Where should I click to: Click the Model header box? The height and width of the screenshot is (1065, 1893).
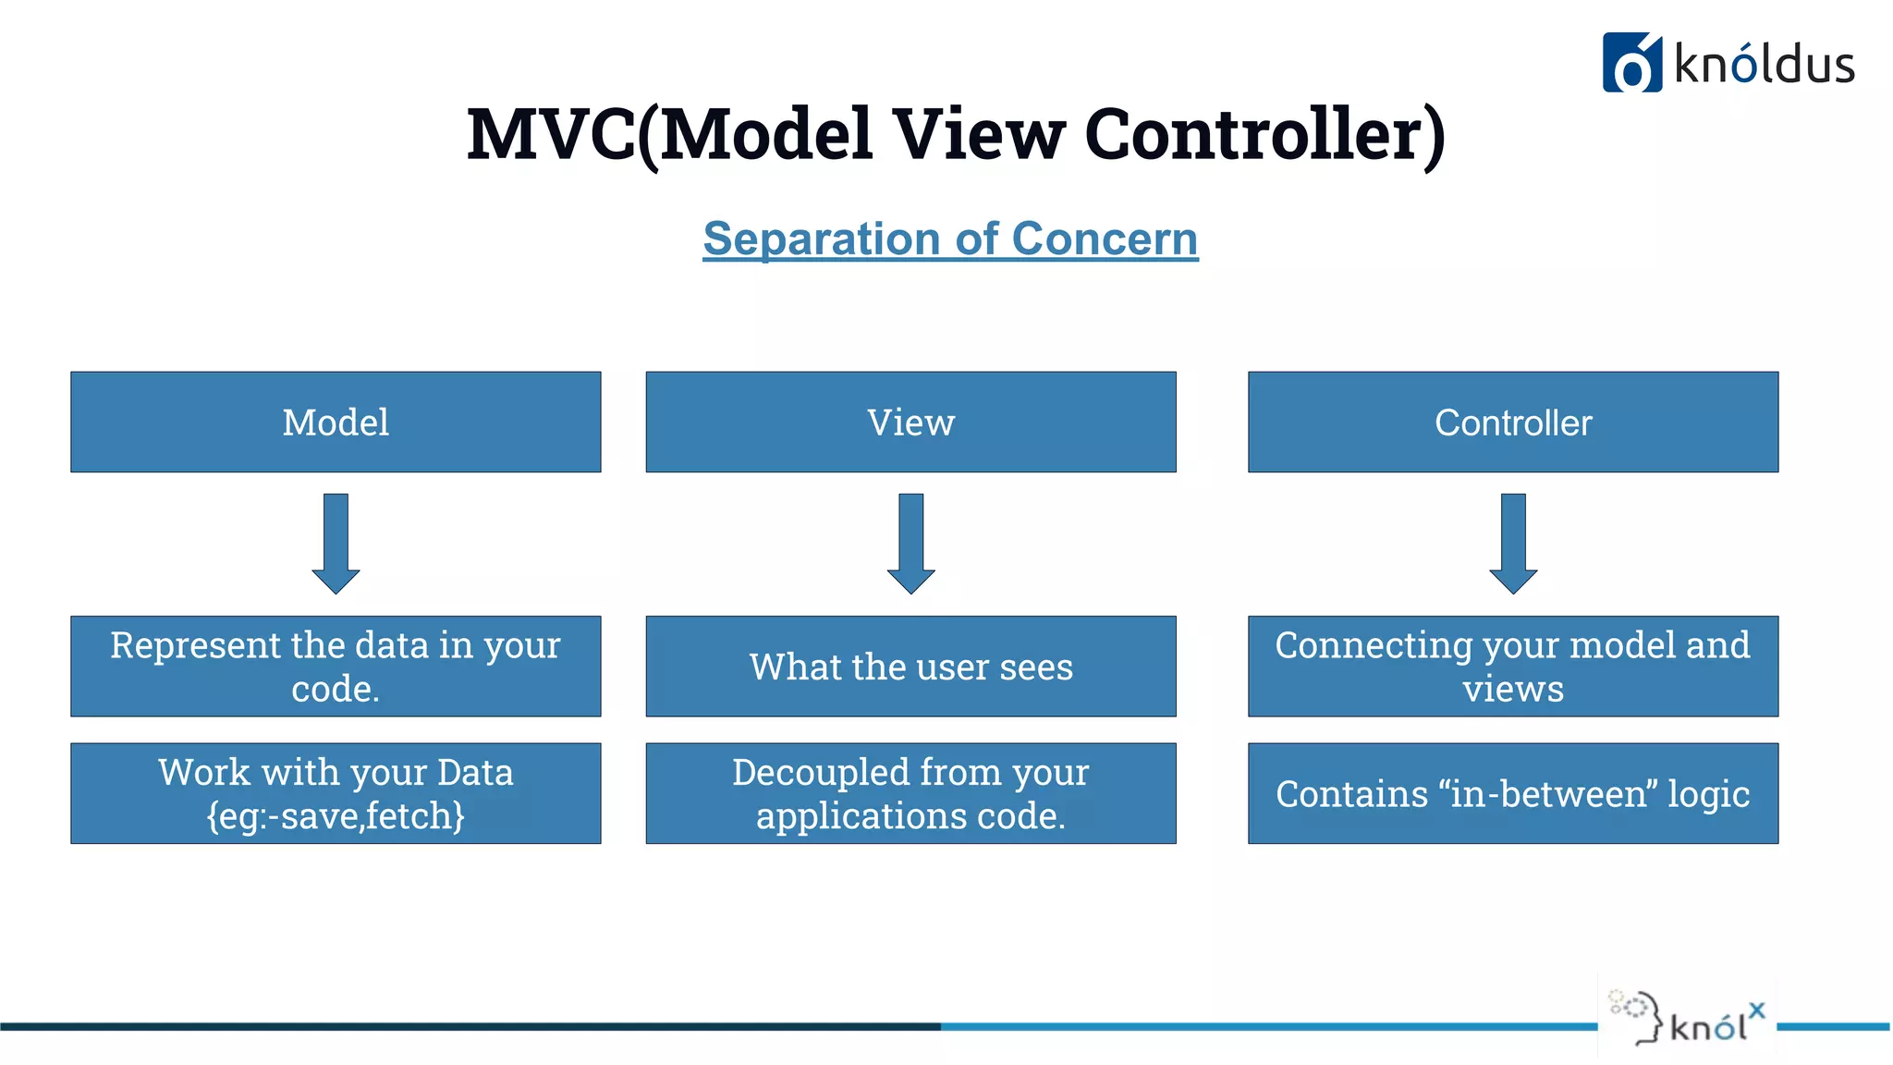tap(336, 422)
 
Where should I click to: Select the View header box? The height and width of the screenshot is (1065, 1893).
tap(910, 422)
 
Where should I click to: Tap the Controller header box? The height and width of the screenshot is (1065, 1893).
tap(1512, 422)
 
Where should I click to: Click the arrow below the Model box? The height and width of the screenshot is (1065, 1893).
tap(336, 544)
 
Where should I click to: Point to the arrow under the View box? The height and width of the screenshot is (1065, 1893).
tap(910, 544)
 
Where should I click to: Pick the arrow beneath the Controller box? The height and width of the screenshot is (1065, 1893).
tap(1512, 544)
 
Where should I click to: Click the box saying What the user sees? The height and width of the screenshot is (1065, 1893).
tap(910, 667)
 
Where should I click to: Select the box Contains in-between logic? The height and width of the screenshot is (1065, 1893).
tap(1512, 793)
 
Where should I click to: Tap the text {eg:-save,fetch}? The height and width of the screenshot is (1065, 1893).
tap(336, 815)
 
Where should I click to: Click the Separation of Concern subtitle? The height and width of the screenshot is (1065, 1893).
tap(950, 239)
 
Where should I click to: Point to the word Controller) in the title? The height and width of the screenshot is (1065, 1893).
tap(1264, 134)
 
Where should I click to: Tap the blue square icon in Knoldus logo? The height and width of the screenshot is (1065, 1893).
tap(1631, 63)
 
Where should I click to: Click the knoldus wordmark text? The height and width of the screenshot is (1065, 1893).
tap(1764, 65)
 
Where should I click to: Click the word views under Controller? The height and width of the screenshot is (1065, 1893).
tap(1512, 690)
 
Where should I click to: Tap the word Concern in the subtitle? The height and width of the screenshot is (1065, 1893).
tap(1105, 239)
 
